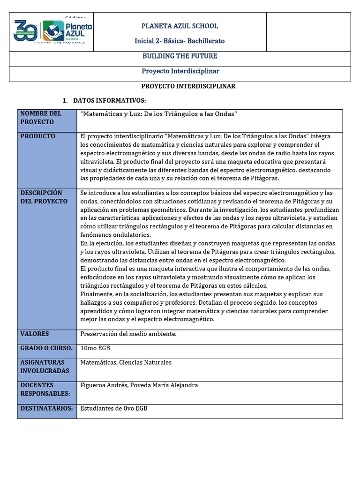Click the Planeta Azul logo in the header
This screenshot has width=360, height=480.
pos(67,31)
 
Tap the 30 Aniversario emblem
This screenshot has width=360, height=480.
pos(27,31)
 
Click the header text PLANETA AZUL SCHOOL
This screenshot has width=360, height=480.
pos(180,26)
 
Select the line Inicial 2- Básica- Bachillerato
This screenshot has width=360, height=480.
pos(180,41)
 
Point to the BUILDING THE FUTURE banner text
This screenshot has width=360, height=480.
pos(180,56)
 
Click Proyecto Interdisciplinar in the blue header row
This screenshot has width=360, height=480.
pos(180,71)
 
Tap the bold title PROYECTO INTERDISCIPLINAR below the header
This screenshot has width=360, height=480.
pos(188,87)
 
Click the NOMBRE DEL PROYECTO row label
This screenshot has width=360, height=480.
pos(41,118)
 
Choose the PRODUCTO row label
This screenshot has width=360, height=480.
pos(37,136)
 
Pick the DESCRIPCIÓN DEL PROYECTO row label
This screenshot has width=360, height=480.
pos(44,197)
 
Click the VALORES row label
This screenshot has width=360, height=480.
pos(35,334)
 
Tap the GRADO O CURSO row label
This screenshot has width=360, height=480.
pos(46,348)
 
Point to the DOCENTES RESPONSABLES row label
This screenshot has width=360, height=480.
pos(45,390)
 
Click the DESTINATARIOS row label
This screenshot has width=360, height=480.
pos(46,408)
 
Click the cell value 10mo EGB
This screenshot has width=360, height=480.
pos(95,348)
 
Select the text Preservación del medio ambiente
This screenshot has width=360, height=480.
pos(128,334)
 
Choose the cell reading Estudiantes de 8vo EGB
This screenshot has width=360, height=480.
pos(114,408)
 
